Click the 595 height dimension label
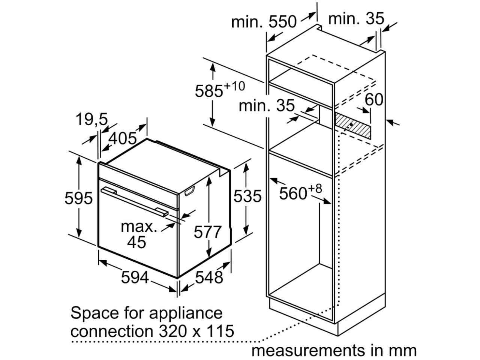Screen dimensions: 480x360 (x=78, y=198)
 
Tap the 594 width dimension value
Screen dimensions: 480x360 (x=135, y=277)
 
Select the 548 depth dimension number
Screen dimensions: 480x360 (x=209, y=277)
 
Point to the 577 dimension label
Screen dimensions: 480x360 (x=208, y=232)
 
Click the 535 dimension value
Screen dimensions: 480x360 (x=247, y=196)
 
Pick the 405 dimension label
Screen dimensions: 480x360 (x=123, y=138)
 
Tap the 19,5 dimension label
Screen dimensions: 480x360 (x=92, y=120)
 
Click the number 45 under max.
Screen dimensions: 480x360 (x=136, y=242)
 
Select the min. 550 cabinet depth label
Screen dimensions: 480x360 (x=264, y=22)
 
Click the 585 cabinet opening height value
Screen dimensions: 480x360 (x=209, y=91)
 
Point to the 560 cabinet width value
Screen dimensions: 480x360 (x=293, y=193)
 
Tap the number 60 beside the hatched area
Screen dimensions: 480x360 (x=374, y=99)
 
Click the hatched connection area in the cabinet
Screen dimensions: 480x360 (x=352, y=126)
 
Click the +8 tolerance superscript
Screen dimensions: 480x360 (x=315, y=189)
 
